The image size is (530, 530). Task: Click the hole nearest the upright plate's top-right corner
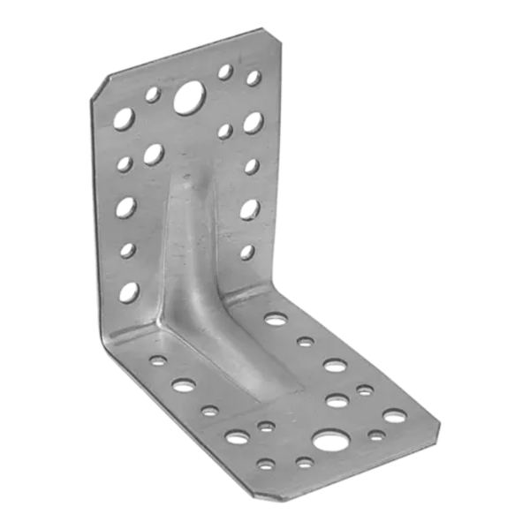coord(254,78)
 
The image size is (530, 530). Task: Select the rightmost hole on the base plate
coord(390,416)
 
